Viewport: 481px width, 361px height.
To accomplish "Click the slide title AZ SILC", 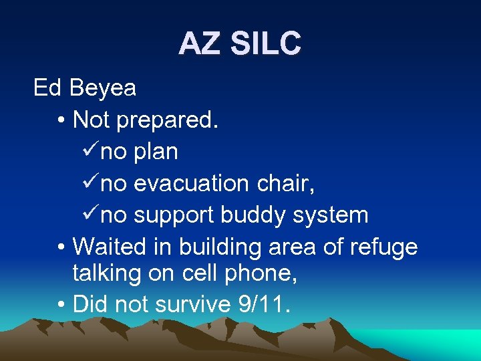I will click(240, 44).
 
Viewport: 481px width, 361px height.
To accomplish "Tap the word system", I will click(332, 215).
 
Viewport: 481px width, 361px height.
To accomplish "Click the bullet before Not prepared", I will click(61, 120).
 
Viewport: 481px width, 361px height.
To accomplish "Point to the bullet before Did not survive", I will click(61, 305).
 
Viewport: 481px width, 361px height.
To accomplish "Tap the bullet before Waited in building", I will click(61, 247).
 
